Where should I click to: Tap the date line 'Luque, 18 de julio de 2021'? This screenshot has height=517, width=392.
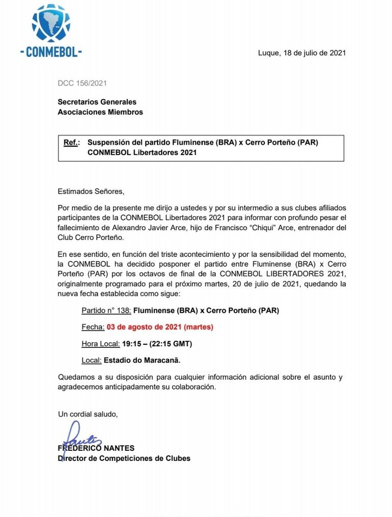302,53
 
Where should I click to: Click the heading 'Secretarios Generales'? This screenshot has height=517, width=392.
97,102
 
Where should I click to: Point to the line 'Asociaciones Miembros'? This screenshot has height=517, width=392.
100,112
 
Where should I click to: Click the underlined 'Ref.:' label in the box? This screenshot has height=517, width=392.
71,143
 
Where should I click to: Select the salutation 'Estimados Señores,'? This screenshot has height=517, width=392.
91,192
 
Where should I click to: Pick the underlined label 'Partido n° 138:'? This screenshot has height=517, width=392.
106,310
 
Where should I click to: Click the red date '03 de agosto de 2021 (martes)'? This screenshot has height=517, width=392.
160,327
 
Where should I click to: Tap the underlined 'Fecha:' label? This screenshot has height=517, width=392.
93,327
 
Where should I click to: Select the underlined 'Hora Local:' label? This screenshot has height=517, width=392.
100,344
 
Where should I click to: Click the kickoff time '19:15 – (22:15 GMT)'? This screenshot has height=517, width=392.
157,344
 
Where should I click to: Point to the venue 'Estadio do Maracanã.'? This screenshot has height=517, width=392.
142,361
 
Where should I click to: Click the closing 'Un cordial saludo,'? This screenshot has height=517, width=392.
88,414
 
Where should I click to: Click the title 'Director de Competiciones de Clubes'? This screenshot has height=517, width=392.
124,458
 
